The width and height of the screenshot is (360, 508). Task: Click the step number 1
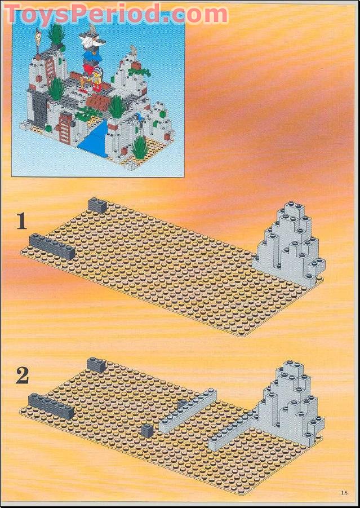coord(21,220)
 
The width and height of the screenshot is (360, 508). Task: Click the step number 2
coord(22,376)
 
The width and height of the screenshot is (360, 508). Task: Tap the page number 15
coord(344,493)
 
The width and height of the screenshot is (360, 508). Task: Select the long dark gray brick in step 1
coord(52,246)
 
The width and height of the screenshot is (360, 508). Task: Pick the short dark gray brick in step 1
coord(97,205)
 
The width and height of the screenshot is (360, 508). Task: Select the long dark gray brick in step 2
coord(51,405)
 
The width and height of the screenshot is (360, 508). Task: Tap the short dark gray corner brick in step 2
coord(96,364)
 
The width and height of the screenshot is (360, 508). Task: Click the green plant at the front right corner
coord(139,148)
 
